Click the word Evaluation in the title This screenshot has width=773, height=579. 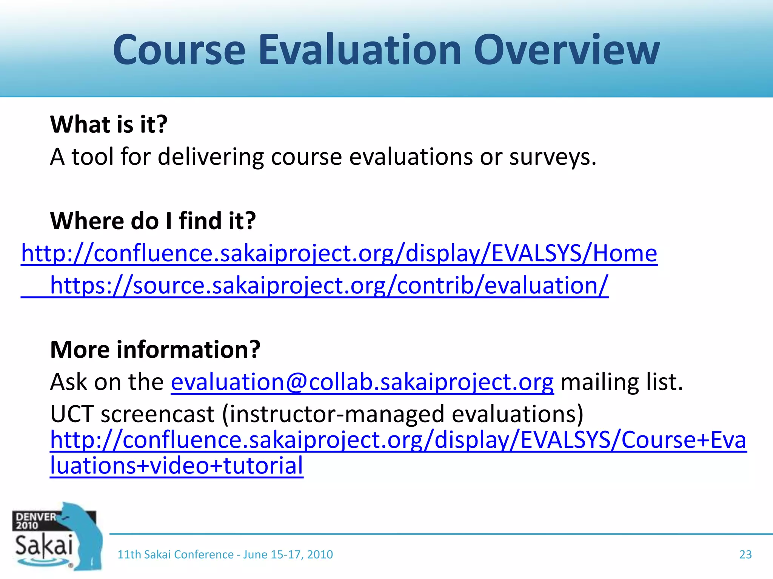(x=360, y=50)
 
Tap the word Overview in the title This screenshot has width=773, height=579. (x=566, y=50)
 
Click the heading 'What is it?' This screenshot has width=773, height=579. (x=109, y=124)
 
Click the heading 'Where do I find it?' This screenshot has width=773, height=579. (x=153, y=221)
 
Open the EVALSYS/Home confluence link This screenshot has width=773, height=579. (x=339, y=253)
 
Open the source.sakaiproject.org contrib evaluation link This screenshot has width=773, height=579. (x=329, y=285)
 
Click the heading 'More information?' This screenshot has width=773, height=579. (x=155, y=350)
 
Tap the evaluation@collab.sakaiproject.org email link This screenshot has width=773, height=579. (x=362, y=382)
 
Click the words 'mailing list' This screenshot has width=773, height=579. (x=622, y=382)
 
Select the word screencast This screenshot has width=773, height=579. (x=157, y=414)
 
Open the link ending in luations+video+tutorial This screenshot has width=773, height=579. (x=177, y=466)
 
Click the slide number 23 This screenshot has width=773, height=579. (x=745, y=554)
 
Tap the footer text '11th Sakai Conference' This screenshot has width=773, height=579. (x=175, y=554)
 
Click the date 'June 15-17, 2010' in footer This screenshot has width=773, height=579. (x=288, y=554)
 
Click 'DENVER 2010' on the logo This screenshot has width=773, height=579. (x=34, y=521)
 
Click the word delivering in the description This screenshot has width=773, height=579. (x=211, y=157)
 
